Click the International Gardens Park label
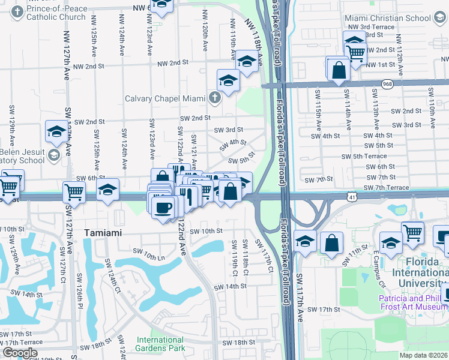(160, 344)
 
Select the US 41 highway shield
(353, 196)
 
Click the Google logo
(20, 353)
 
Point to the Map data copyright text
(424, 355)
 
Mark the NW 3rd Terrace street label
(373, 27)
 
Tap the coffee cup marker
(163, 208)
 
